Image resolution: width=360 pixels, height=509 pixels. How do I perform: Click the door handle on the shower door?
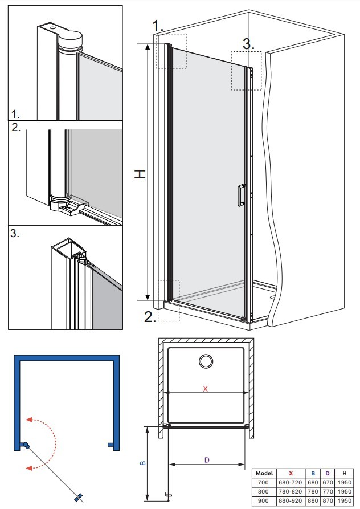pos(242,195)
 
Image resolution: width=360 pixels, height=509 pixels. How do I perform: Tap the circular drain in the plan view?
pos(206,361)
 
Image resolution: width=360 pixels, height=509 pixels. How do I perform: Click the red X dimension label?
pos(205,389)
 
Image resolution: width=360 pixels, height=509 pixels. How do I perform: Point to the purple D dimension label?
pos(207,459)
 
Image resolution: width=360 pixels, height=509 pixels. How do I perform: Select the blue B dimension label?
pos(143,463)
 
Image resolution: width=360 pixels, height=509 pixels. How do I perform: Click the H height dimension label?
pos(140,174)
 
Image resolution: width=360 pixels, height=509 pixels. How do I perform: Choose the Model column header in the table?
pos(264,473)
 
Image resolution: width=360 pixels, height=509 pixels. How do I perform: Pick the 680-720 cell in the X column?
pos(291,482)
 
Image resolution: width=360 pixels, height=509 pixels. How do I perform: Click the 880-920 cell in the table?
pos(291,500)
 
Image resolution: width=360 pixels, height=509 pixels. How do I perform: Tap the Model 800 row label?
pos(263,491)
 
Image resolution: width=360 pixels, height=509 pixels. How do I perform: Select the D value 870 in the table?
pos(328,500)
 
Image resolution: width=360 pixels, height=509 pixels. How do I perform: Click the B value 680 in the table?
pos(313,482)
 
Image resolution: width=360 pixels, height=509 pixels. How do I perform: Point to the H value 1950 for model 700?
pos(345,482)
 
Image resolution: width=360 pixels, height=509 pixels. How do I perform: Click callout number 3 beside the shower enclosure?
pos(248,44)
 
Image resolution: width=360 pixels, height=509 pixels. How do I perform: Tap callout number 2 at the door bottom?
pos(150,317)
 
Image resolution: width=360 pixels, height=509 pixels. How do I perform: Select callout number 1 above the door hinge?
pos(158,25)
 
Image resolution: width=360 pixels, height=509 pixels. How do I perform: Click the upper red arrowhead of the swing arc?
pos(30,419)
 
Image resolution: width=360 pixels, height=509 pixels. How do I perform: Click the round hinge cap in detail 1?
pos(71,39)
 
